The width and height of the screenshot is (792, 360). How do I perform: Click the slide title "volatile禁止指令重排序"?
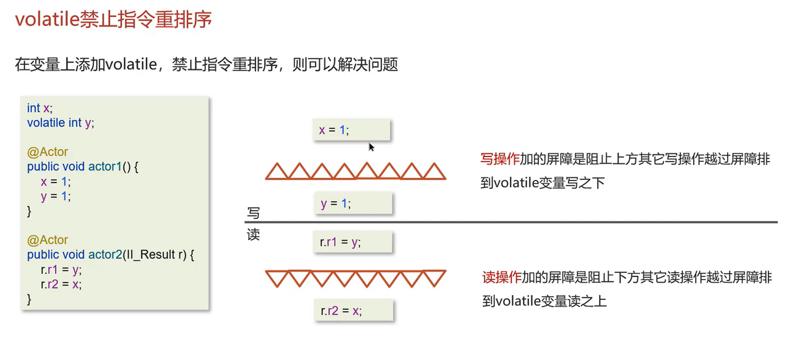point(113,19)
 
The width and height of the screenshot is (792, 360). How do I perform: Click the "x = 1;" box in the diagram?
point(351,130)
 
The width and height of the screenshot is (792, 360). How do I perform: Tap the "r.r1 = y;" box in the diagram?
point(352,242)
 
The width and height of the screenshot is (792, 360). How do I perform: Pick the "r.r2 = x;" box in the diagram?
point(353,311)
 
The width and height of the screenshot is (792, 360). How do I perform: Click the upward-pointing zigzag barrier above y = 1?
point(356,171)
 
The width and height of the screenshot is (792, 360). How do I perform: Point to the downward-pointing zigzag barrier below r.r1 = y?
point(356,278)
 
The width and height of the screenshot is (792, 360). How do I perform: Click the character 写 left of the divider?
point(253,213)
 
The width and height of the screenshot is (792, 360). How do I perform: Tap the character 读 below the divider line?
point(253,235)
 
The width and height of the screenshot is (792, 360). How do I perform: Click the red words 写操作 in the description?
point(499,159)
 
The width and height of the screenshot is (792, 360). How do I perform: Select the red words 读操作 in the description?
point(502,277)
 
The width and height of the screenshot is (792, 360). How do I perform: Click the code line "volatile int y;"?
point(61,123)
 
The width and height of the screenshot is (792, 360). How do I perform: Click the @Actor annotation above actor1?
point(48,152)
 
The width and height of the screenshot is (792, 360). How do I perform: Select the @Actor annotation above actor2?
point(48,240)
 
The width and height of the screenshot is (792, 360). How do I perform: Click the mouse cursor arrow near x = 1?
point(371,147)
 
